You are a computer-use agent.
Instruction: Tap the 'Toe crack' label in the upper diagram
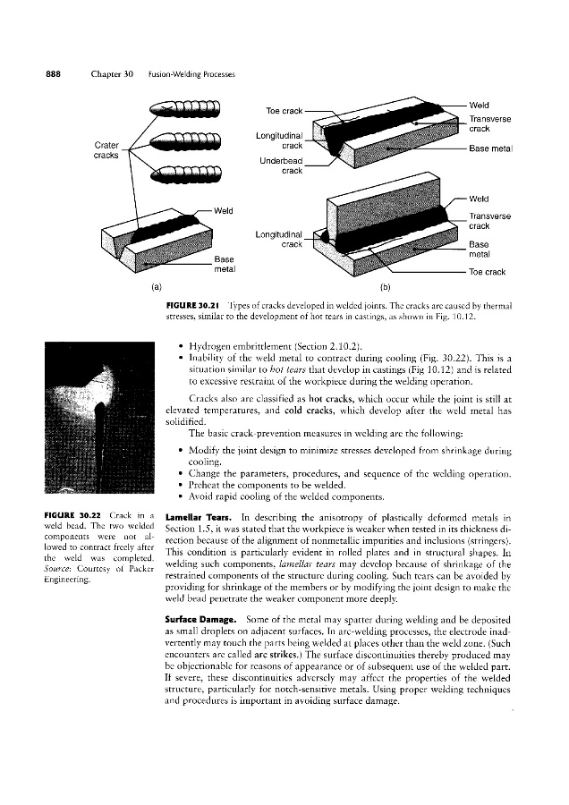(284, 111)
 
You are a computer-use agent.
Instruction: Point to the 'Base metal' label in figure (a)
(224, 264)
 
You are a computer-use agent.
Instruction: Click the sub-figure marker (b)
(386, 288)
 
